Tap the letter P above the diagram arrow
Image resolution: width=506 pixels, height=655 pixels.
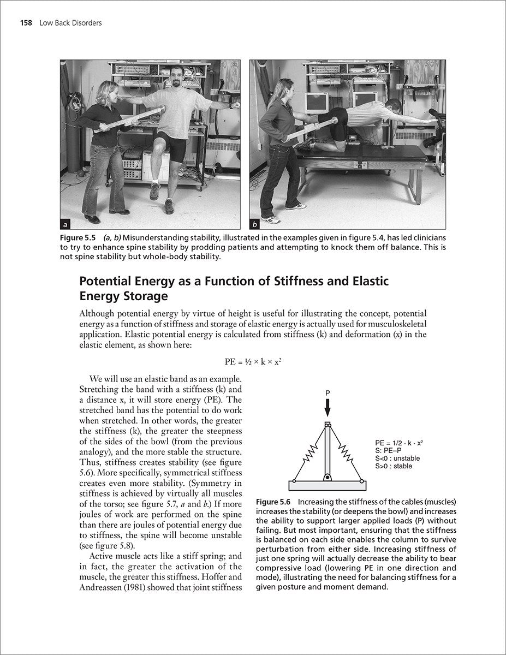coord(328,392)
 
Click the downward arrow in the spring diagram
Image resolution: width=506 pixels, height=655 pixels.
coord(328,408)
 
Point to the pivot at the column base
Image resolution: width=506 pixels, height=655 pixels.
coord(328,478)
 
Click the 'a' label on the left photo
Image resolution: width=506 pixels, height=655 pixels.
coord(66,224)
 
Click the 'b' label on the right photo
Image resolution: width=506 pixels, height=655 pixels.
coord(255,224)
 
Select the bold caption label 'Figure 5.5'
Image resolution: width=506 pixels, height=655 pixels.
coord(79,238)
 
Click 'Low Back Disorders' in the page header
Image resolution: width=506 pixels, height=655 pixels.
coord(70,23)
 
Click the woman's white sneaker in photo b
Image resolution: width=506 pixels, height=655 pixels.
coord(270,219)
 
